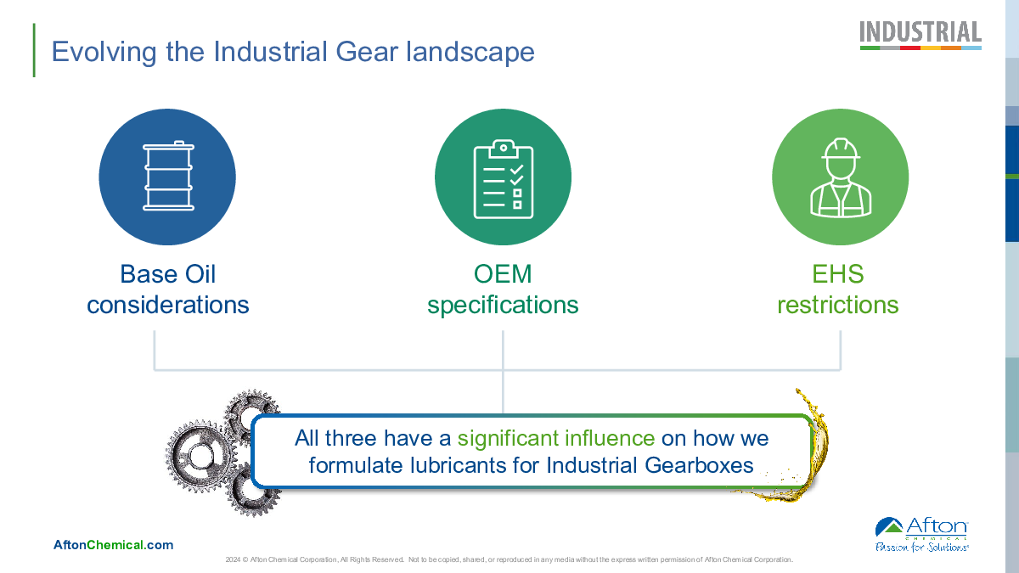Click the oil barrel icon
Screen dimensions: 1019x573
tap(168, 176)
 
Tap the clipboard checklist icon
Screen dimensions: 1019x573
tap(503, 179)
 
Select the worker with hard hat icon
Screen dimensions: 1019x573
tap(841, 177)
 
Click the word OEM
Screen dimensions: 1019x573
tap(503, 273)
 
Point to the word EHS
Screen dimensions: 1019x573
tap(838, 273)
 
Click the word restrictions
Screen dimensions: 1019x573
tap(838, 304)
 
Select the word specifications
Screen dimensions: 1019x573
tap(503, 306)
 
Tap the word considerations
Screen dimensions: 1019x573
tap(168, 304)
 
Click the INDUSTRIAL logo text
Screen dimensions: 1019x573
tap(920, 32)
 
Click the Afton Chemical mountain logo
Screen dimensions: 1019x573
tap(889, 526)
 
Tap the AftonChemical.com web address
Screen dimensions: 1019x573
tap(113, 545)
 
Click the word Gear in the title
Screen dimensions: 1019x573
tap(367, 52)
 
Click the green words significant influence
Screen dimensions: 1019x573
tap(556, 438)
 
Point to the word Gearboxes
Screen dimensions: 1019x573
tap(699, 465)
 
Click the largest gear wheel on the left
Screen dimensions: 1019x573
tap(200, 456)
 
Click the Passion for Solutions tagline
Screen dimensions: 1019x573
tap(921, 547)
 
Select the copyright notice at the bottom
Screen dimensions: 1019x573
tap(509, 559)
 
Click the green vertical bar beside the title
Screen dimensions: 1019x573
tap(34, 50)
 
